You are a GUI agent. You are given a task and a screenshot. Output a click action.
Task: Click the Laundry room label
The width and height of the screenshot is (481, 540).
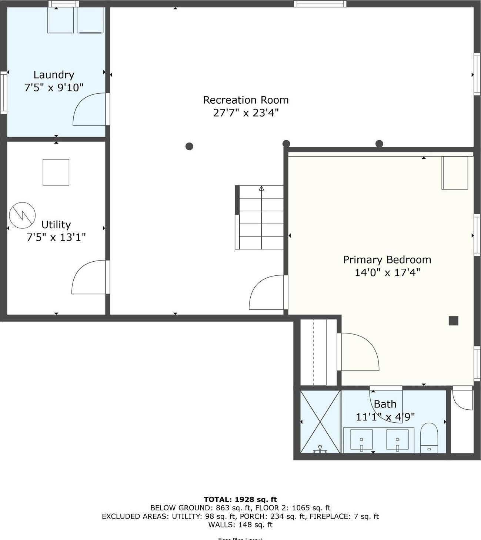pos(54,75)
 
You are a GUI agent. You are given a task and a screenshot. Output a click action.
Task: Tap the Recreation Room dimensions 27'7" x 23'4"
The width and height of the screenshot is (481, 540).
pos(245,113)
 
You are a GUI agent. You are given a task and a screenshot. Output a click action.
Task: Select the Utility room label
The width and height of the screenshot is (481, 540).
pos(56,225)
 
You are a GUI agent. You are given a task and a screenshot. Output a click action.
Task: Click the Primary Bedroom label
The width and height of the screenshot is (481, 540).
pos(387,260)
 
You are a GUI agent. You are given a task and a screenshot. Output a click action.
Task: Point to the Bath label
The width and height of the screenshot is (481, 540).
pos(385,404)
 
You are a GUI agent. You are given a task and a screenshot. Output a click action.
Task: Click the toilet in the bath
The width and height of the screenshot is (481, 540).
pos(429,438)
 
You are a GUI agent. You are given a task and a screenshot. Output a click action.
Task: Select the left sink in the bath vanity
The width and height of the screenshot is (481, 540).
pos(361,440)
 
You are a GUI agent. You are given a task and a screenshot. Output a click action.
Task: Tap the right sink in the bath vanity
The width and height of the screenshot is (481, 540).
pos(397,440)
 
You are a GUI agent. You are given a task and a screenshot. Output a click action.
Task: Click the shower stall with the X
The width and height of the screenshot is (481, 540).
pos(320,422)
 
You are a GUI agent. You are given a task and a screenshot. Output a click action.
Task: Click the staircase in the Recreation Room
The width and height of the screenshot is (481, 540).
pos(261,217)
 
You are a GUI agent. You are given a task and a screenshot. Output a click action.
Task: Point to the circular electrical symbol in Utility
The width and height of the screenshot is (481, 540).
pos(22,215)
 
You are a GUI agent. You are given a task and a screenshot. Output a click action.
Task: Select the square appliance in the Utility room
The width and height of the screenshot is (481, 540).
pos(56,172)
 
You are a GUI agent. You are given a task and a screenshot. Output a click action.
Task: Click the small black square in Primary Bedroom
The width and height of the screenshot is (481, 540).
pos(453,321)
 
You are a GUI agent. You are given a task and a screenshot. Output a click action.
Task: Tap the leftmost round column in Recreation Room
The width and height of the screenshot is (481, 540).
pos(189,146)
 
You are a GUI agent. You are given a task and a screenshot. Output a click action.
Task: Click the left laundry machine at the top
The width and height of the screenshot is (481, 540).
pos(61,20)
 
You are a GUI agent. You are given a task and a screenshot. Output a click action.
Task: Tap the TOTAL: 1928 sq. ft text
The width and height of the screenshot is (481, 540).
pos(240,499)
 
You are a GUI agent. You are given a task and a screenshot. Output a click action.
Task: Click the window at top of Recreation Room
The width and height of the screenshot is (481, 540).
pos(320,4)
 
